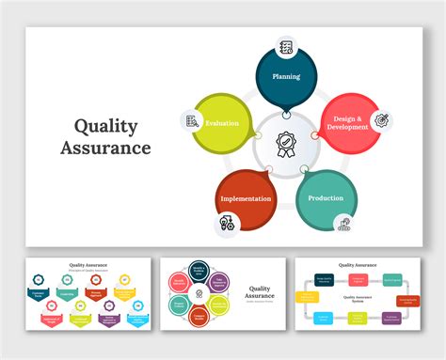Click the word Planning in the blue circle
[x=286, y=76]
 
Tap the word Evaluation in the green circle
[x=222, y=123]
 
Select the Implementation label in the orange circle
[x=246, y=198]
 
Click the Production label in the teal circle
[x=326, y=198]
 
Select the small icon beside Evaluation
[x=192, y=120]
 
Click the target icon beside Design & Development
[x=382, y=120]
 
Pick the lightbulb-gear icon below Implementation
[x=227, y=223]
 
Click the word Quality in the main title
[x=104, y=126]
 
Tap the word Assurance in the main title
[x=104, y=149]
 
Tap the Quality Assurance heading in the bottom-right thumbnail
[x=358, y=265]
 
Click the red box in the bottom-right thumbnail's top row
[x=358, y=279]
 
